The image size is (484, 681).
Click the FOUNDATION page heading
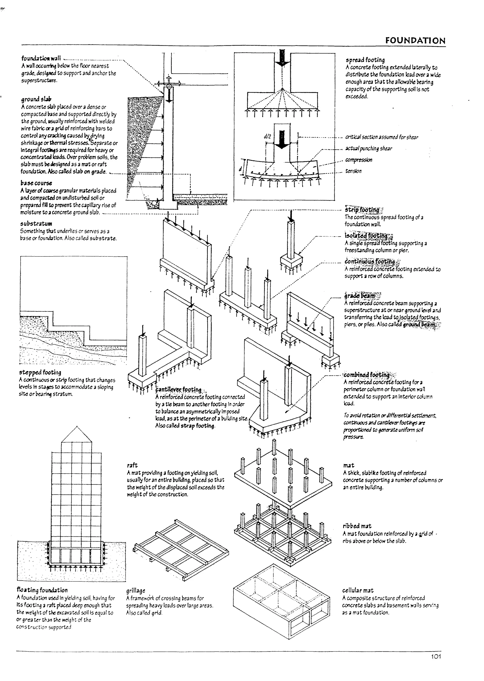click(x=415, y=41)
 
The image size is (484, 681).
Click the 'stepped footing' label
click(x=40, y=373)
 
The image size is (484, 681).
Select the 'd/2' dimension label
click(x=267, y=136)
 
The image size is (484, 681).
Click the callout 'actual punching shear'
click(x=369, y=149)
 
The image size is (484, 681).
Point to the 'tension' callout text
click(x=354, y=171)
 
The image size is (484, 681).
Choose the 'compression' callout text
click(x=359, y=160)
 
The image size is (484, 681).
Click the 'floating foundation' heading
click(x=42, y=590)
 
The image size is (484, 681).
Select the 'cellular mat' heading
click(x=358, y=590)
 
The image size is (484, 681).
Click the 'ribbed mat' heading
click(x=357, y=526)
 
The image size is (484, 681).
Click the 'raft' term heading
click(x=132, y=465)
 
